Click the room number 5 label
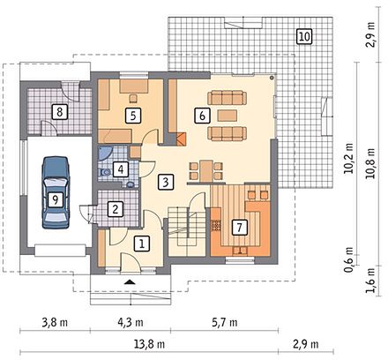pos(133,116)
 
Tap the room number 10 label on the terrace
pos(304,37)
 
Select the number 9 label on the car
pos(55,200)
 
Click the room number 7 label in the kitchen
pos(239,227)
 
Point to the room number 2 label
pos(116,209)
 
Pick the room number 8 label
pos(60,112)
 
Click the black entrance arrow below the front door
pos(130,282)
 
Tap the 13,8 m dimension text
pos(150,344)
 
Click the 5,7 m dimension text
pos(225,323)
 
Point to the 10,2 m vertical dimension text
pos(349,159)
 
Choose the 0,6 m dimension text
pos(349,259)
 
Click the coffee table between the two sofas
pos(228,116)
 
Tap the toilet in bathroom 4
pos(104,172)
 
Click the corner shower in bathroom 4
pos(105,154)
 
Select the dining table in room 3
pos(205,170)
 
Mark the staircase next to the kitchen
pos(187,231)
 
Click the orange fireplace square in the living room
pos(181,139)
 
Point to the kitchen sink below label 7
pos(240,251)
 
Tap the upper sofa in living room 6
pos(228,98)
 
